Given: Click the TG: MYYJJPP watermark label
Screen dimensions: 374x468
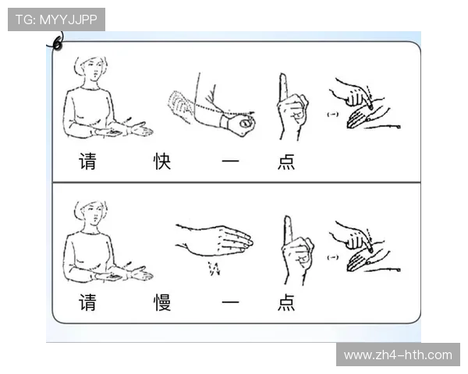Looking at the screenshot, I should click(x=56, y=19).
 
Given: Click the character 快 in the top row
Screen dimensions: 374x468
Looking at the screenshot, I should click(x=162, y=163).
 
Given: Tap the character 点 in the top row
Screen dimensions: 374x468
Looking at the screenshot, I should click(x=285, y=163).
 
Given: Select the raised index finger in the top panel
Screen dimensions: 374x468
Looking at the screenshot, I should click(x=284, y=90).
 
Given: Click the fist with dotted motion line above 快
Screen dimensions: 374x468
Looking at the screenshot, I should click(x=234, y=121).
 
